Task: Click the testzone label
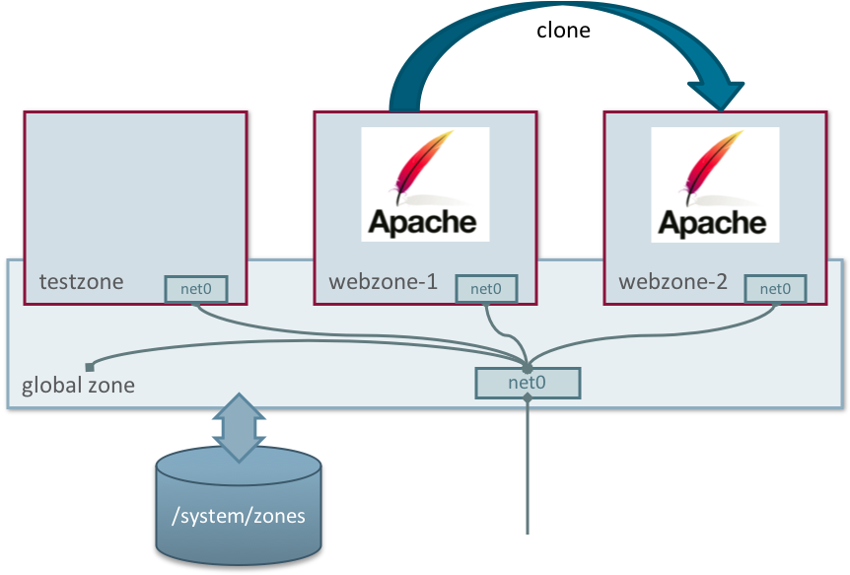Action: point(82,282)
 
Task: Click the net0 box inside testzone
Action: point(196,289)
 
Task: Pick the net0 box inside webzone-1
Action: point(486,289)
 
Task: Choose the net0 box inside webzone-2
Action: point(775,289)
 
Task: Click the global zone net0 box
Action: point(528,383)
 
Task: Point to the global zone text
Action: point(78,386)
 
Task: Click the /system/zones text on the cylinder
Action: point(239,515)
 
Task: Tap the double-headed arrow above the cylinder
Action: point(238,426)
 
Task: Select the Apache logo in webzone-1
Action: point(425,184)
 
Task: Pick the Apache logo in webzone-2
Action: point(715,184)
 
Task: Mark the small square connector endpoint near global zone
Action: point(90,367)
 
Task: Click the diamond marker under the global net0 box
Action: point(528,398)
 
